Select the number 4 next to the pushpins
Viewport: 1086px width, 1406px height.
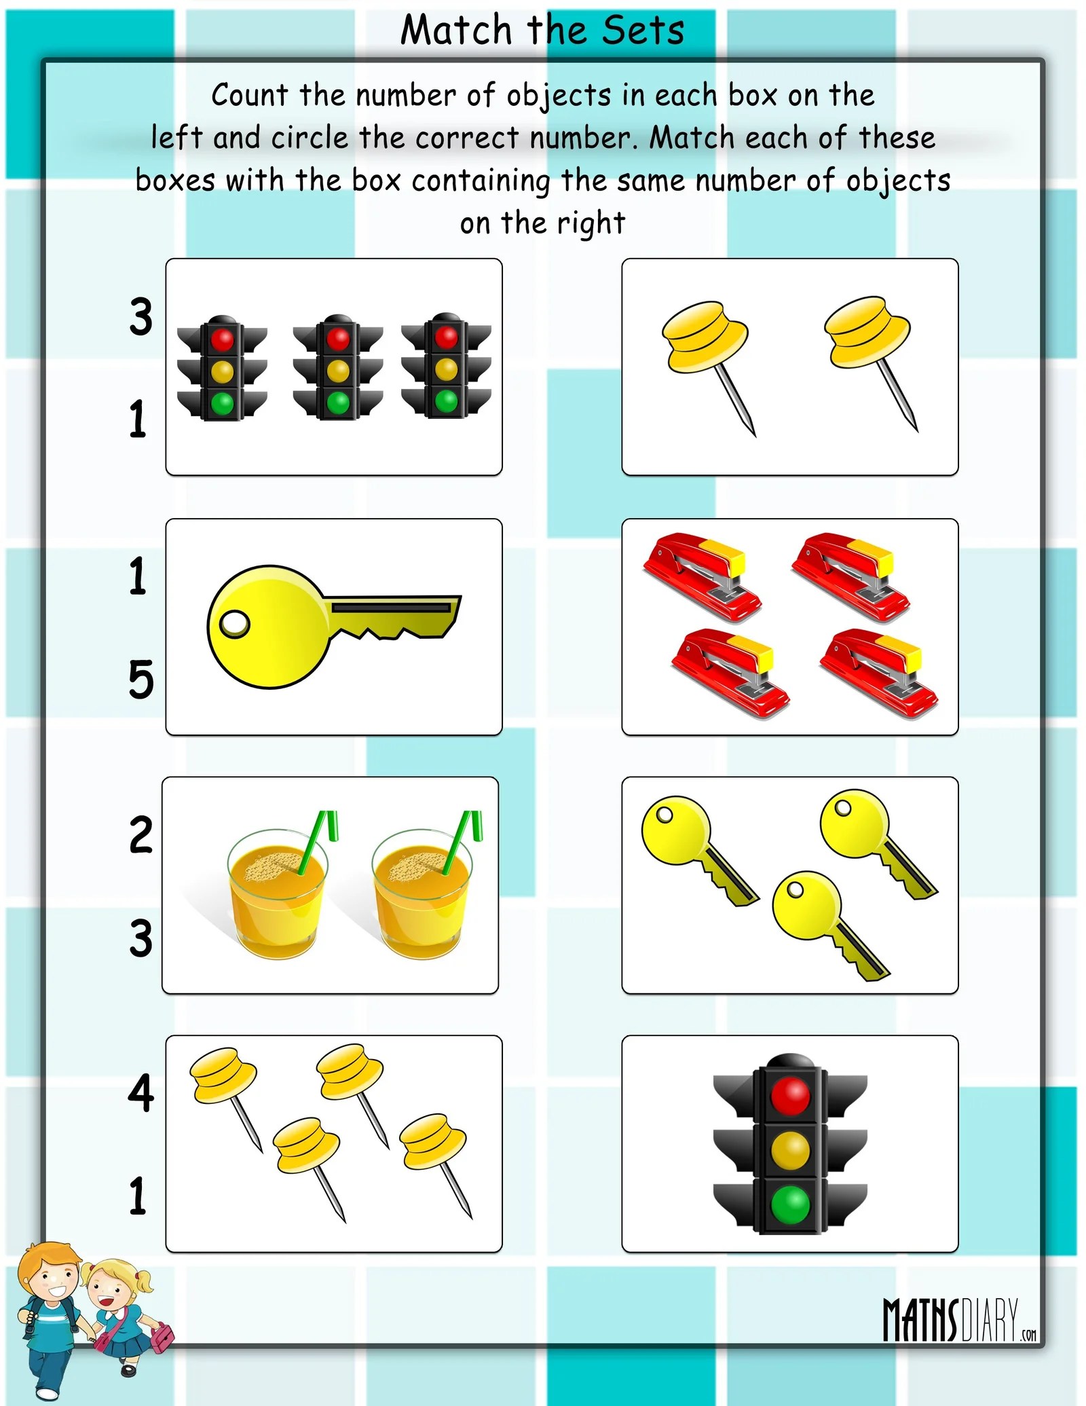pyautogui.click(x=141, y=1092)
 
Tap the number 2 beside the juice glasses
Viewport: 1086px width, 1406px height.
pyautogui.click(x=141, y=834)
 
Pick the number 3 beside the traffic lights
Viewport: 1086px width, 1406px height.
pyautogui.click(x=141, y=316)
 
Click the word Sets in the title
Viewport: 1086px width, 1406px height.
pyautogui.click(x=643, y=31)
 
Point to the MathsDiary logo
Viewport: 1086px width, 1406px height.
pyautogui.click(x=960, y=1320)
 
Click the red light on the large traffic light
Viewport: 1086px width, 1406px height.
pyautogui.click(x=790, y=1096)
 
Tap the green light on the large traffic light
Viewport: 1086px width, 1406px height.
pyautogui.click(x=790, y=1204)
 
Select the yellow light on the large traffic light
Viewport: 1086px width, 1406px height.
pyautogui.click(x=790, y=1150)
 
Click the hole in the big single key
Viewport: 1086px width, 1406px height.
pyautogui.click(x=235, y=623)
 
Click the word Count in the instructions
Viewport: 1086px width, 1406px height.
pyautogui.click(x=250, y=95)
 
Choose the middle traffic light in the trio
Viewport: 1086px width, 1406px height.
pyautogui.click(x=338, y=366)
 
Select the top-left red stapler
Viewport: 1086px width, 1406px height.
pyautogui.click(x=703, y=577)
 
